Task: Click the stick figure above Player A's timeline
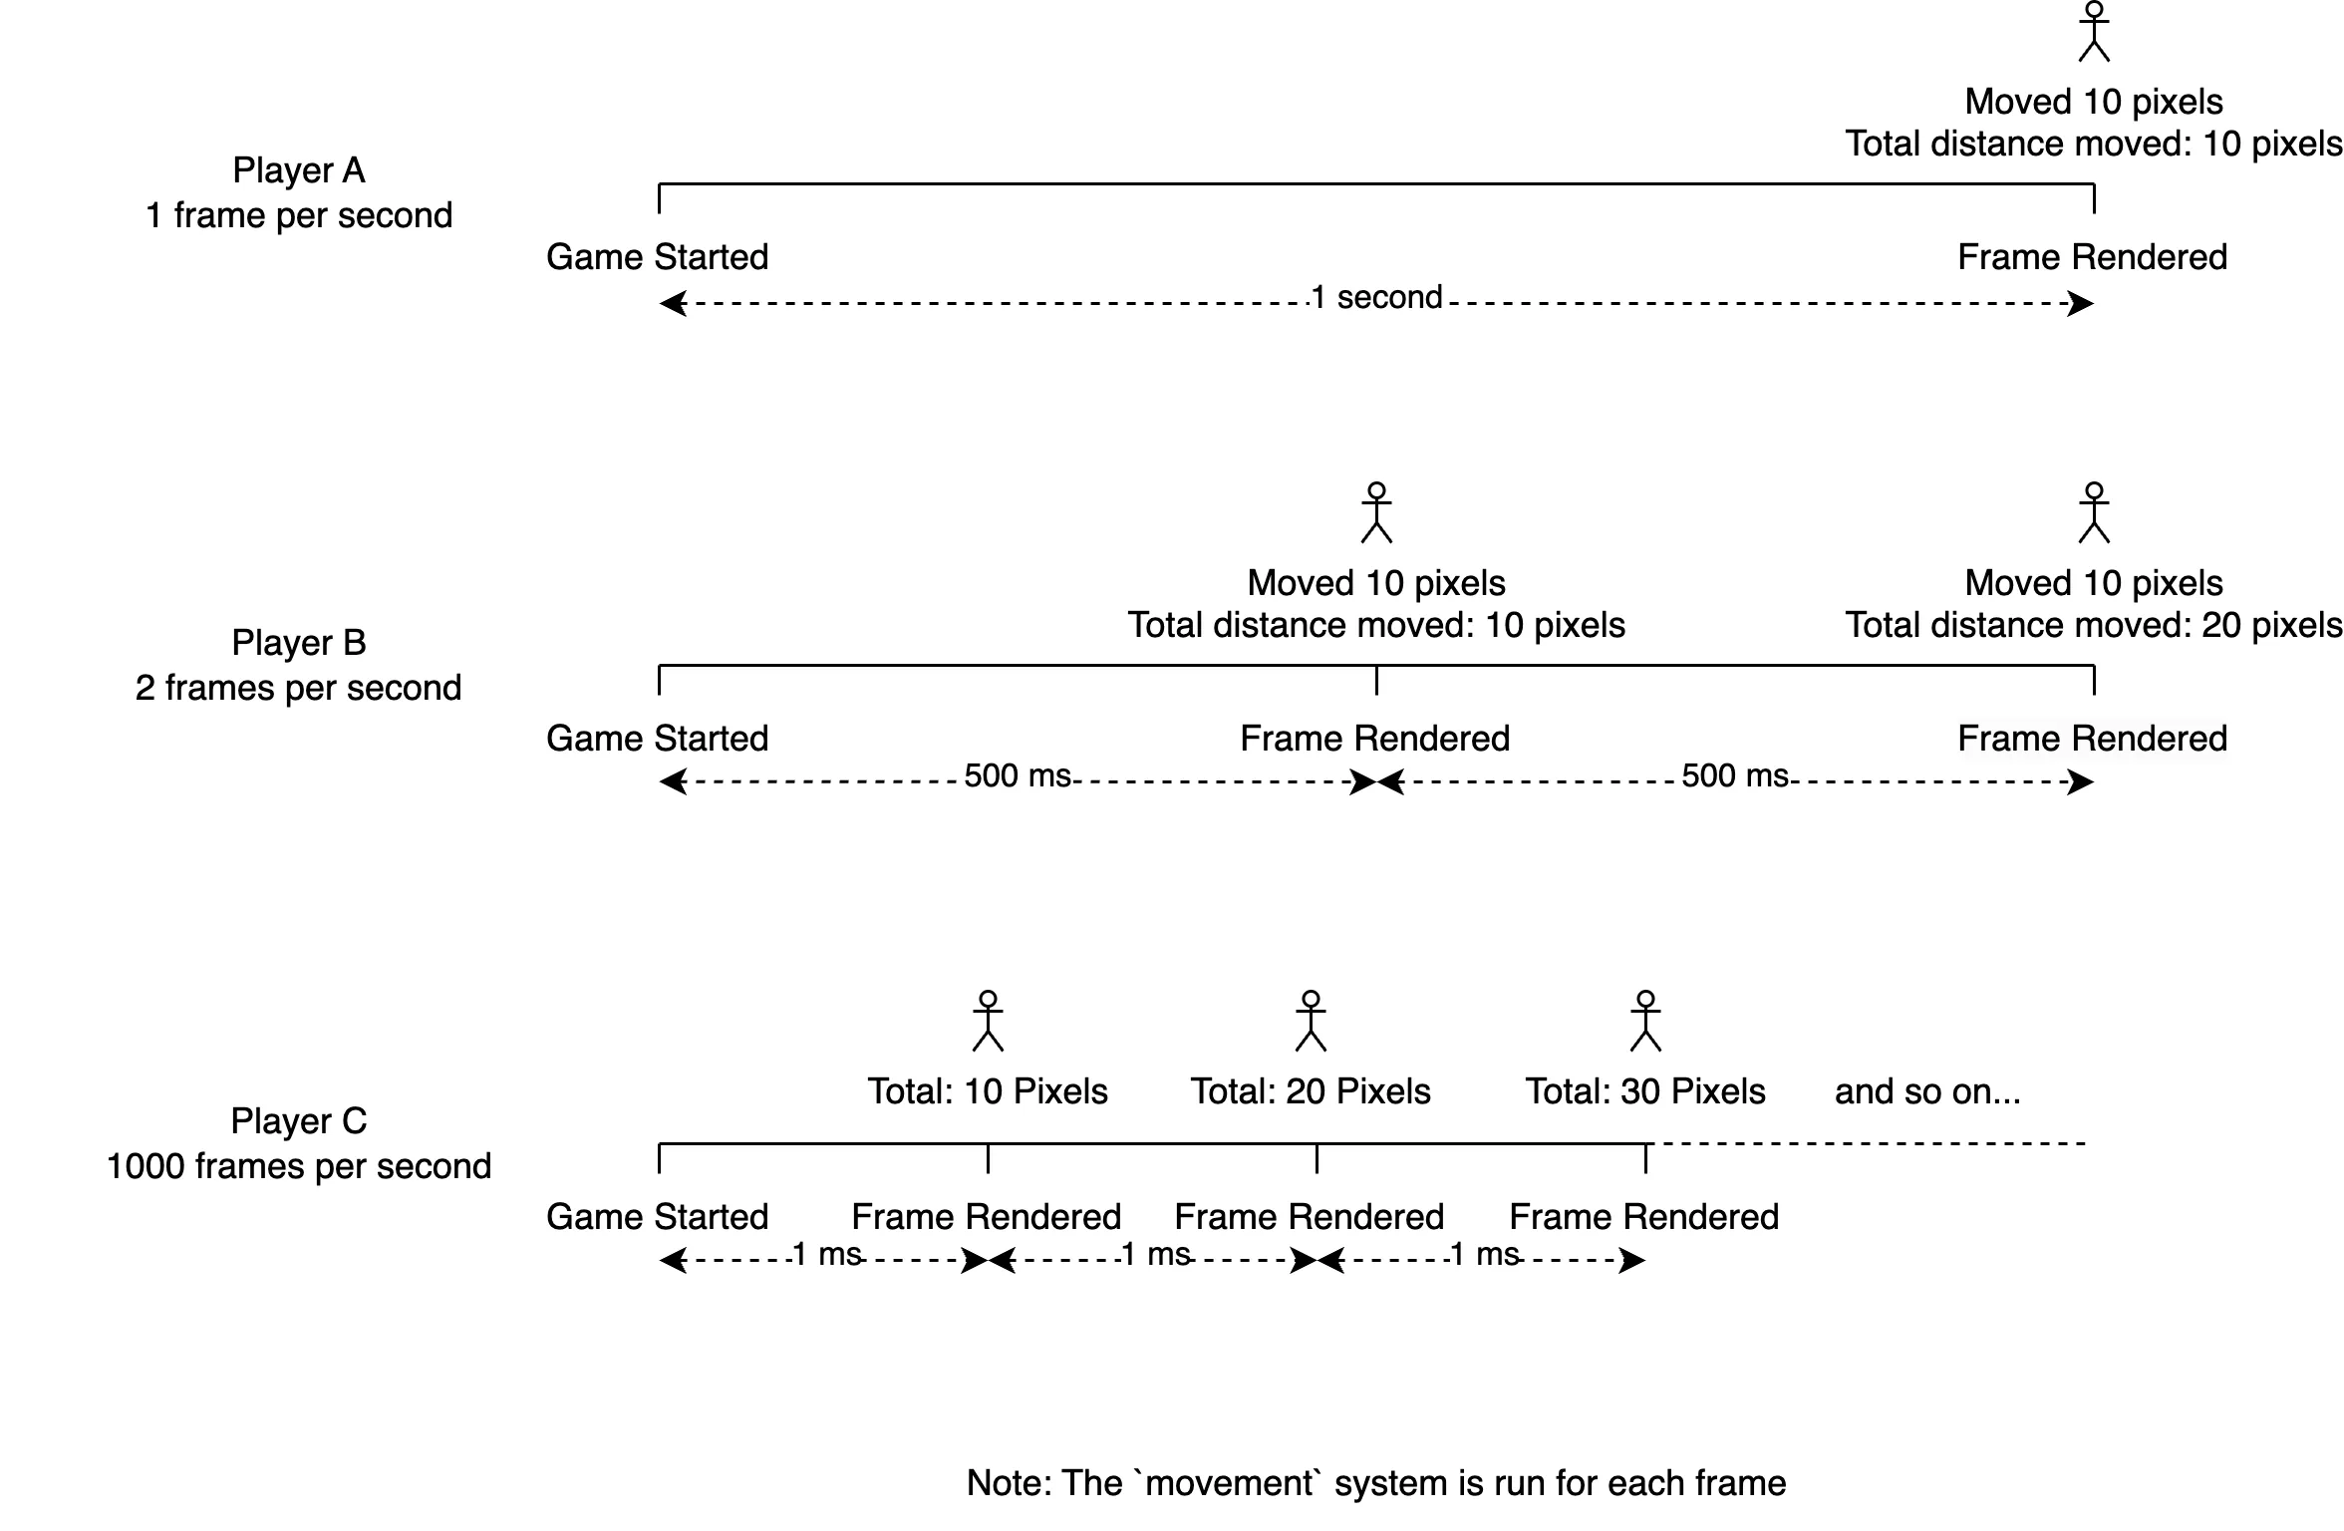click(2094, 32)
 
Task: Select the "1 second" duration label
click(1377, 297)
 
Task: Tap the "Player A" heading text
click(299, 170)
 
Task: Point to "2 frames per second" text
click(299, 688)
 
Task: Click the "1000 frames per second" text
click(299, 1166)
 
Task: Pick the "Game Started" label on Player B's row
click(658, 739)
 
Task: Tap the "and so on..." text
click(1927, 1091)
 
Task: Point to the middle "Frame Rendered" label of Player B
click(1375, 739)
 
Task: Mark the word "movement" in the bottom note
click(1230, 1483)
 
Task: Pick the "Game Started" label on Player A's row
click(658, 257)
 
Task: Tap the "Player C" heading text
click(299, 1121)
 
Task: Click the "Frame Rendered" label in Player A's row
click(2092, 257)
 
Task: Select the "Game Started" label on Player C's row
click(658, 1217)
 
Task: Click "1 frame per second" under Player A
click(299, 215)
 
